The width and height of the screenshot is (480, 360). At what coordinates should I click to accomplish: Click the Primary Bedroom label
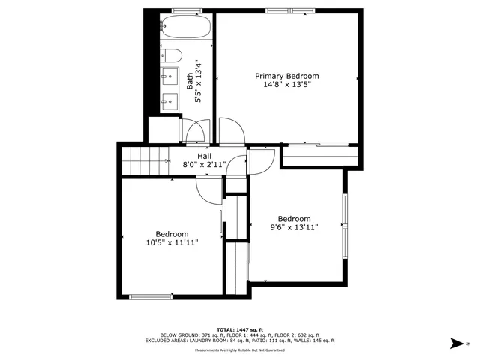pos(287,76)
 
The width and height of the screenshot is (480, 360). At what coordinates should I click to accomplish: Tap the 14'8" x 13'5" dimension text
pos(287,85)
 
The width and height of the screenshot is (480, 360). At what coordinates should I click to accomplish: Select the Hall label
pos(204,156)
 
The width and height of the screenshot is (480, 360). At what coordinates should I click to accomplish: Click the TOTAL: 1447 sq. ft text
pos(239,329)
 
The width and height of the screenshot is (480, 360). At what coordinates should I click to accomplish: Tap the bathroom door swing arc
pos(192,132)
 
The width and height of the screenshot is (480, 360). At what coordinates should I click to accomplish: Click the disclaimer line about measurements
pos(239,350)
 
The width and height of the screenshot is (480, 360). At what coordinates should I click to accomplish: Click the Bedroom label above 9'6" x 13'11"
pos(295,219)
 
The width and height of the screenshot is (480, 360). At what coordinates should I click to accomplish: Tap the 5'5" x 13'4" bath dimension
pos(199,82)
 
